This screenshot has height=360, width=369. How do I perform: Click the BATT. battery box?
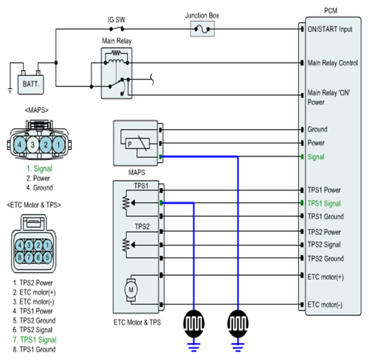pyautogui.click(x=31, y=84)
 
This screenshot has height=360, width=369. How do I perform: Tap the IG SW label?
pyautogui.click(x=117, y=20)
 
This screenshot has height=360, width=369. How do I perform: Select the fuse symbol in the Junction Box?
pyautogui.click(x=202, y=30)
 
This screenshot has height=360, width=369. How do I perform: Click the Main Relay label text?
pyautogui.click(x=117, y=41)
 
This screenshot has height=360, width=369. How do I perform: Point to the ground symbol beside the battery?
pyautogui.click(x=10, y=91)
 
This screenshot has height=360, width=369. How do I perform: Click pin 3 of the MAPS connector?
pyautogui.click(x=32, y=145)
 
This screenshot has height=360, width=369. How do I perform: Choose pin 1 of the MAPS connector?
pyautogui.click(x=58, y=145)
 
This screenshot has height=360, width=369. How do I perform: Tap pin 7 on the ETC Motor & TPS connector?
pyautogui.click(x=29, y=257)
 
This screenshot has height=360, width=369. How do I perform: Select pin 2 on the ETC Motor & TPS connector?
pyautogui.click(x=38, y=245)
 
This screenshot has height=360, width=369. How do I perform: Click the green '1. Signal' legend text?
pyautogui.click(x=39, y=169)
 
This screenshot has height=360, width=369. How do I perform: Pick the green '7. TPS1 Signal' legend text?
pyautogui.click(x=35, y=339)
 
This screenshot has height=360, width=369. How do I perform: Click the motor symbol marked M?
pyautogui.click(x=131, y=290)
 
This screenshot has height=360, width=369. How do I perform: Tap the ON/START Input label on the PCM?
pyautogui.click(x=330, y=30)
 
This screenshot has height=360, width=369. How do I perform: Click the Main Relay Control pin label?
pyautogui.click(x=333, y=63)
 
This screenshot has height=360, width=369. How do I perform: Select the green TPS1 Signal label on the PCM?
pyautogui.click(x=324, y=204)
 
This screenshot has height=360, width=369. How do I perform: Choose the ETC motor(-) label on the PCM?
pyautogui.click(x=325, y=305)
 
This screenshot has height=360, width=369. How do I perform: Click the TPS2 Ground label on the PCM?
pyautogui.click(x=325, y=258)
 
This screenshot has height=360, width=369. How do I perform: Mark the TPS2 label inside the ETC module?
pyautogui.click(x=142, y=226)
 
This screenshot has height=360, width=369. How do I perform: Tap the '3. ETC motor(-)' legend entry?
pyautogui.click(x=33, y=302)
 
